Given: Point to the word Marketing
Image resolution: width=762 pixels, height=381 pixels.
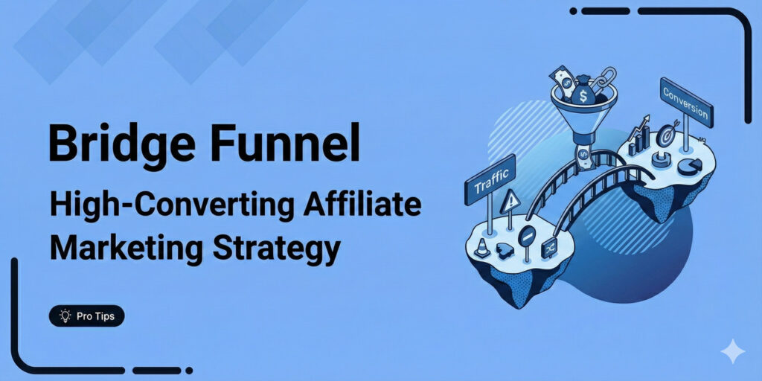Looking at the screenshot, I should [x=118, y=249].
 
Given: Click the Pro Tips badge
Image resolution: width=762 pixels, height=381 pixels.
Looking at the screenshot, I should [x=87, y=316].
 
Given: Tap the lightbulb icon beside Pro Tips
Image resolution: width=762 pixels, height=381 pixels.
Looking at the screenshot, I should [x=65, y=316].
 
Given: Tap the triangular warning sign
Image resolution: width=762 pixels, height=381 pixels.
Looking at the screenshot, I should [x=510, y=201].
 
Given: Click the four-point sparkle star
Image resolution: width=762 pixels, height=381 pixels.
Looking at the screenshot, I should [x=733, y=351].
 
